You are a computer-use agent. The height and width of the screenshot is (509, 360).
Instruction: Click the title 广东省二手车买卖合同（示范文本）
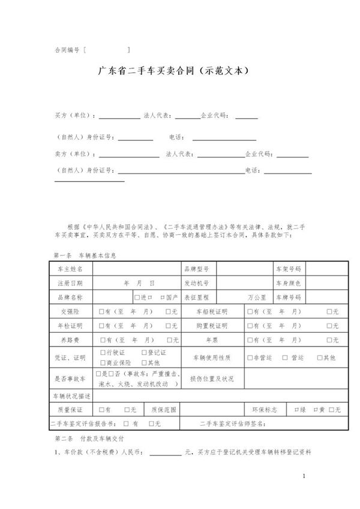point(173,70)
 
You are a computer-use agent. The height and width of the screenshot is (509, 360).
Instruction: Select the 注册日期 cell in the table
point(70,282)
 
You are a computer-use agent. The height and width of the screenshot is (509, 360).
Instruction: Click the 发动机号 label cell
point(196,282)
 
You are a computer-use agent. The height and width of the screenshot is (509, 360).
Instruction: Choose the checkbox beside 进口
point(137,297)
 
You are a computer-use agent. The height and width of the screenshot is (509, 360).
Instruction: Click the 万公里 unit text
point(257,297)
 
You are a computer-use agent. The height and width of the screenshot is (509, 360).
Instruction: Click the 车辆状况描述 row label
point(70,396)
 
